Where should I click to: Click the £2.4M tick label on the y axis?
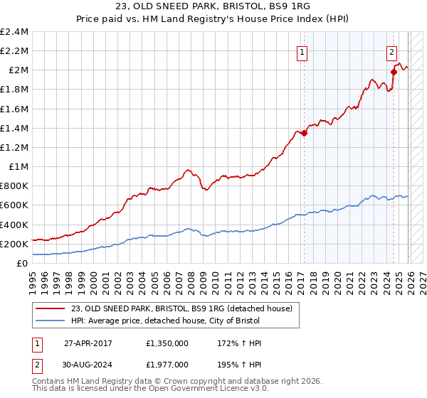tap(14, 32)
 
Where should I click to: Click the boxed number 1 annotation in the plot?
tap(302, 51)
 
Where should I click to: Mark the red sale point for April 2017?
tap(304, 133)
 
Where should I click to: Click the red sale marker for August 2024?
tap(394, 72)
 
